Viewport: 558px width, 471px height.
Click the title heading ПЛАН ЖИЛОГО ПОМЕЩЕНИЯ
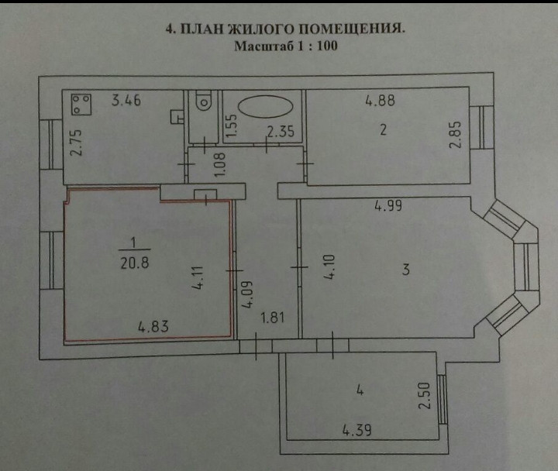coord(288,29)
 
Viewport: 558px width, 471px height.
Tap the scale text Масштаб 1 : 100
coord(285,46)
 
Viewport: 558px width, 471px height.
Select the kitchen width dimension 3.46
coord(126,101)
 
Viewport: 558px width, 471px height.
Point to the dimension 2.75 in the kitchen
coord(76,143)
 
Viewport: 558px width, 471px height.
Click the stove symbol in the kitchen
coord(81,103)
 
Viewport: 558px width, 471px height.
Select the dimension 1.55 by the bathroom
coord(230,124)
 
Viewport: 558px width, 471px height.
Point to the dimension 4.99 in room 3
coord(389,206)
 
